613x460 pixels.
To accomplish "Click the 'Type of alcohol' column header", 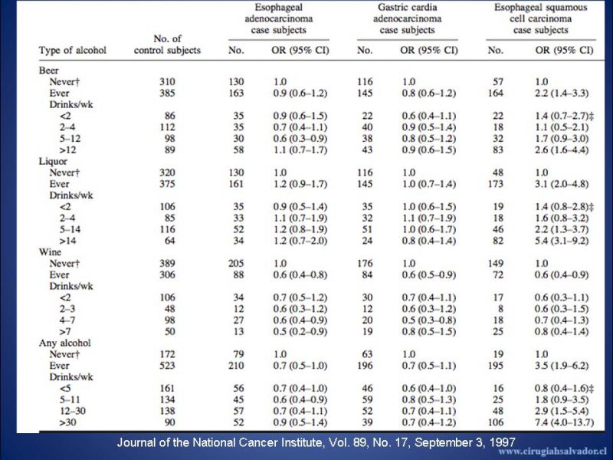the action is pos(72,50).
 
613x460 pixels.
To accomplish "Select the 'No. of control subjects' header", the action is pos(167,44).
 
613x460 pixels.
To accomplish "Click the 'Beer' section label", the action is pos(48,71).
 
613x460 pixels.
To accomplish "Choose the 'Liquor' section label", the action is pos(53,161).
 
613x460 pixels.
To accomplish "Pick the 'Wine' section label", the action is pos(50,252).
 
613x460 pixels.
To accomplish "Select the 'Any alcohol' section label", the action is pos(64,343).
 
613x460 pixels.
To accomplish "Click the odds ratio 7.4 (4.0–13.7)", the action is pos(564,422).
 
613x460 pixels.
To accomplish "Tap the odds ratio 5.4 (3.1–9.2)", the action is pos(562,241).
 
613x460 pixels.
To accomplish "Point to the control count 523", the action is pos(167,366).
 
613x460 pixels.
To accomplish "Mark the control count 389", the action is pos(167,263).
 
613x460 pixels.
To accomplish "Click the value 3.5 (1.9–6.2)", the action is pos(562,366).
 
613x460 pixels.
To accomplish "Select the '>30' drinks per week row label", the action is pos(67,422).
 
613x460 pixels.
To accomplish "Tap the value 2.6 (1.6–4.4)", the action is pos(562,149).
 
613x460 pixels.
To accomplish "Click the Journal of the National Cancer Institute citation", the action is pos(316,442).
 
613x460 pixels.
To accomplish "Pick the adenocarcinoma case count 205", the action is pos(236,263).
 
